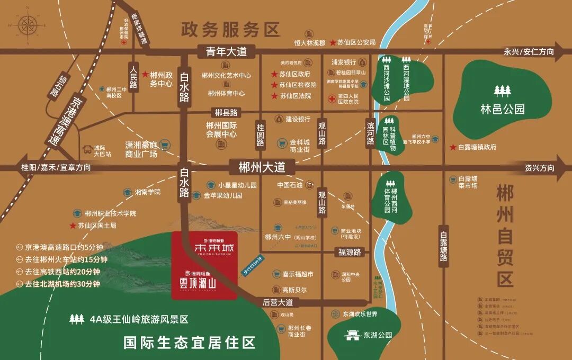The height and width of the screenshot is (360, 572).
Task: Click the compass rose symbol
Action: point(27,25)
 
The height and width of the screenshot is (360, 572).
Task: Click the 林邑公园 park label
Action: point(502,110)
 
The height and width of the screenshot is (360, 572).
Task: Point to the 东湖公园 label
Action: point(378,335)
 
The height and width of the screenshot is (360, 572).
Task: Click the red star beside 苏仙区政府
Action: point(274,74)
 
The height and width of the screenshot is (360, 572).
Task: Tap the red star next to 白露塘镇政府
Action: point(453,147)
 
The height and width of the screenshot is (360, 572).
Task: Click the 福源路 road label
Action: point(350,253)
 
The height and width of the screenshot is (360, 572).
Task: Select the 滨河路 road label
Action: point(371,133)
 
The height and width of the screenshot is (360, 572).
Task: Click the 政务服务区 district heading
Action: point(230,29)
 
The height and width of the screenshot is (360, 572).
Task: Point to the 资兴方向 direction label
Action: point(540,168)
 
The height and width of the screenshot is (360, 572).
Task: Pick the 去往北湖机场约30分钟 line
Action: point(62,284)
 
